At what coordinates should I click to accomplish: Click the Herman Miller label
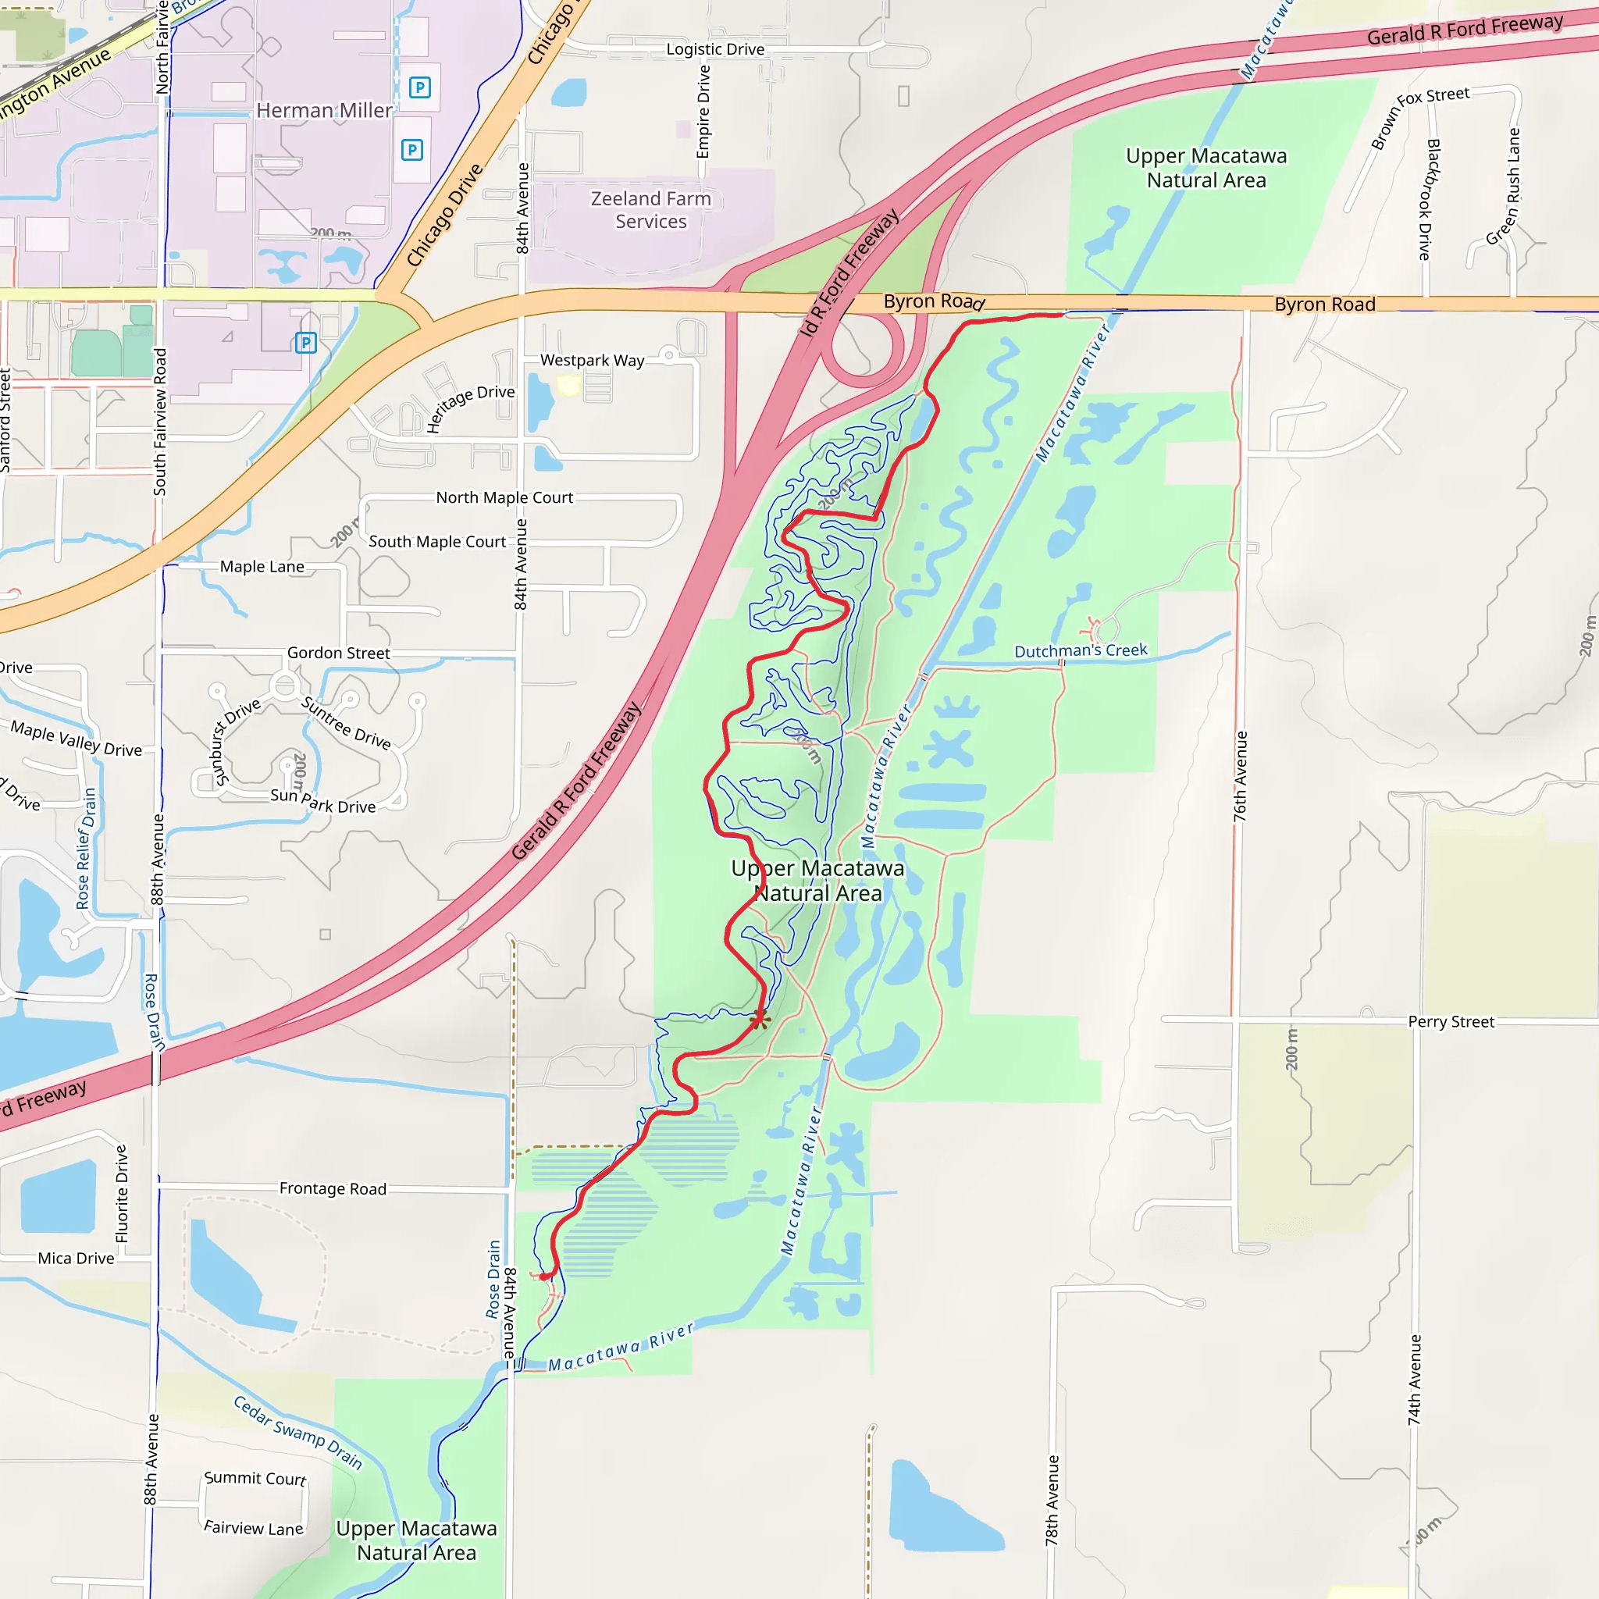point(323,110)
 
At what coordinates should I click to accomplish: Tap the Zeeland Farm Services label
point(650,210)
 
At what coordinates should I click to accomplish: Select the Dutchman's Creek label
point(1081,650)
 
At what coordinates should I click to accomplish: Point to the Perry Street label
point(1451,1022)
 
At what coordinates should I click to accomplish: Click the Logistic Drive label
point(715,50)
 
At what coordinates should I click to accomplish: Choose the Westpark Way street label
point(592,361)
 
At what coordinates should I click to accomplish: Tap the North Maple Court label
point(504,497)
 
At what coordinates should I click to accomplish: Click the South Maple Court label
point(437,542)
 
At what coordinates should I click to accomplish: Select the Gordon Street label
point(339,653)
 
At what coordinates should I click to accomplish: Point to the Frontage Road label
point(333,1188)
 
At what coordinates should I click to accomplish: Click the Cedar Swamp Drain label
point(298,1433)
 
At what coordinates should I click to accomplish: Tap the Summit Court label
point(255,1478)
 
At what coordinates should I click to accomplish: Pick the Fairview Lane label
point(253,1528)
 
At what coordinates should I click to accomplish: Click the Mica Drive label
point(77,1258)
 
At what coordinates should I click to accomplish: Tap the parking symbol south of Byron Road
point(306,343)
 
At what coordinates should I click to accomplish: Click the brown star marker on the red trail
point(760,1019)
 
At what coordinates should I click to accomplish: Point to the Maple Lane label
point(262,567)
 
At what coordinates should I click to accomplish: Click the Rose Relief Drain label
point(86,849)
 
